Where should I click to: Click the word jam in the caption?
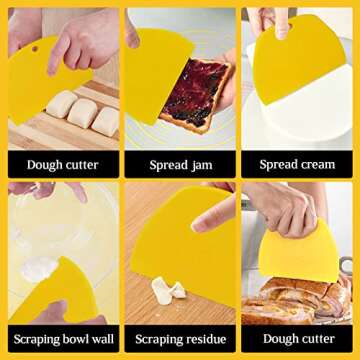pos(200,164)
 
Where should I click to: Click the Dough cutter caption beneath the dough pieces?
pos(59,164)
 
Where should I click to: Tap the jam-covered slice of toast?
pos(198,95)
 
